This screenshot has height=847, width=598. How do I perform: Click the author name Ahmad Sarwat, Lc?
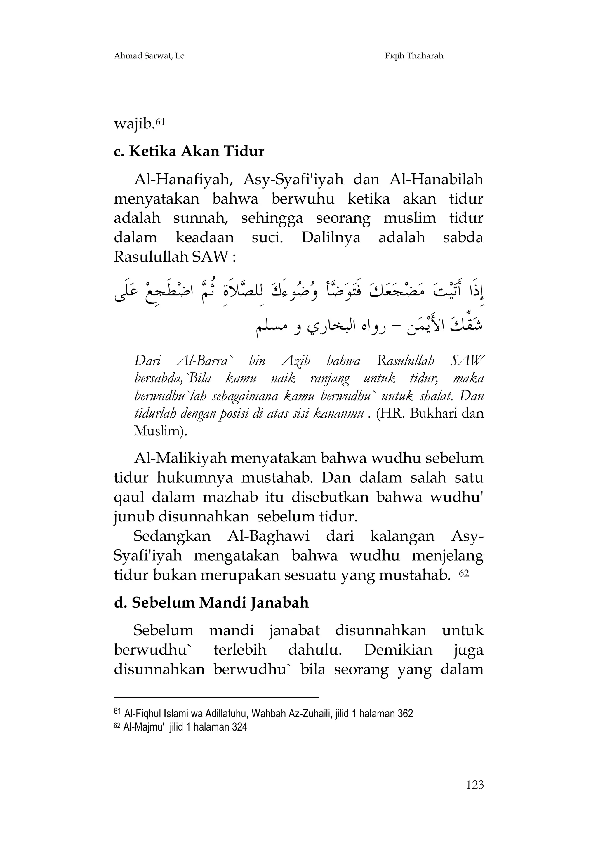[149, 56]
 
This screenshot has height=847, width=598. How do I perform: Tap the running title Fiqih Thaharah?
[414, 56]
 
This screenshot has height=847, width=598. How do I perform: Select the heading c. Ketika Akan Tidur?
[189, 152]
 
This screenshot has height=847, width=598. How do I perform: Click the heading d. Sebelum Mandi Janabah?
[211, 602]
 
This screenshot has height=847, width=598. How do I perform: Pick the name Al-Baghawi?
[269, 536]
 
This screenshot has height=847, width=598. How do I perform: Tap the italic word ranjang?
[329, 378]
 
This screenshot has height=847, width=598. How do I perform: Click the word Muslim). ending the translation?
[161, 431]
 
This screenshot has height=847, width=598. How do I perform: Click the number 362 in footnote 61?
[405, 714]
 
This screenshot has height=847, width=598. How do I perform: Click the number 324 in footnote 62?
[239, 727]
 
